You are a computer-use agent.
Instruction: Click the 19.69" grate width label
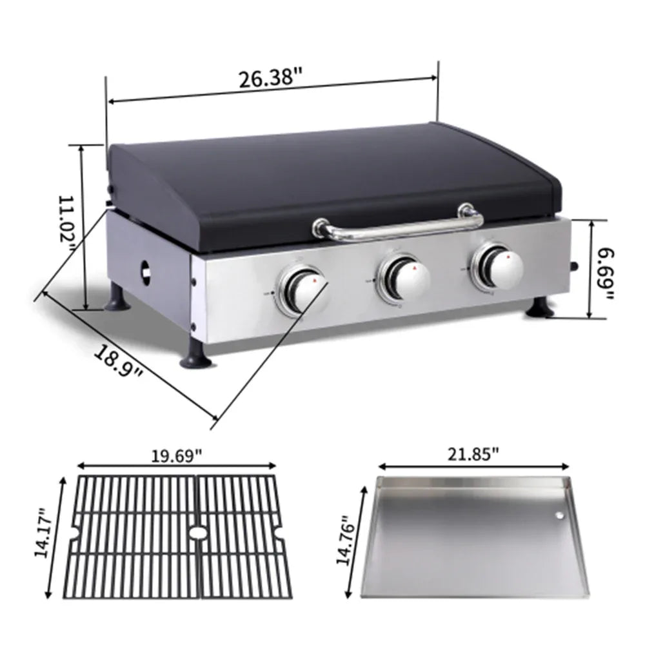[x=177, y=455]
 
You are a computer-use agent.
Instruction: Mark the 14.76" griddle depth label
[x=343, y=539]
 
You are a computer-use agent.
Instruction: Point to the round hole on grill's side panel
[x=146, y=273]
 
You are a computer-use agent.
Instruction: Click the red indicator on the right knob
[x=510, y=257]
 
